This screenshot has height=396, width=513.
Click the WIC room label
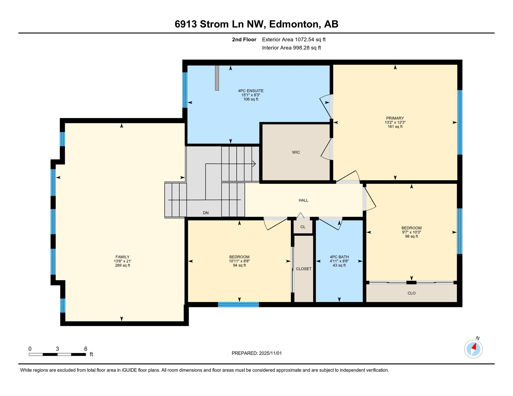296,152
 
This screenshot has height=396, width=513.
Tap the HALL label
303,200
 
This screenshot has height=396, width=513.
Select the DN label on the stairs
206,213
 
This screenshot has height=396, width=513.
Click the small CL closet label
303,227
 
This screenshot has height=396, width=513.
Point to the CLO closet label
411,293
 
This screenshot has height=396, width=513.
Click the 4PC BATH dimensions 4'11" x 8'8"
339,261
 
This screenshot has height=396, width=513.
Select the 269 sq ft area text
122,266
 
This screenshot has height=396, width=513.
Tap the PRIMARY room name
395,118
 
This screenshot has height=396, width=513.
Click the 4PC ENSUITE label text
251,91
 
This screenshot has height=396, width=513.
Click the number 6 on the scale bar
86,349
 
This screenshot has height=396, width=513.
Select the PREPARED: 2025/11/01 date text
256,353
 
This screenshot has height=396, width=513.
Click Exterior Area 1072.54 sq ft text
294,40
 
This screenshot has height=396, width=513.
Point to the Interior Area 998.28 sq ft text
291,48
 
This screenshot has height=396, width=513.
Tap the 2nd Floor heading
244,40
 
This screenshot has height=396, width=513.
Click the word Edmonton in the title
293,24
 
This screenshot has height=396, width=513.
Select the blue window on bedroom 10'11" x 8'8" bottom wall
238,305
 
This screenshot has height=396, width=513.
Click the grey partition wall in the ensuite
217,78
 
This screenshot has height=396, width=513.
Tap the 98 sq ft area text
411,236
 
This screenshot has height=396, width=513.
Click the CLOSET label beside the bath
303,269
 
